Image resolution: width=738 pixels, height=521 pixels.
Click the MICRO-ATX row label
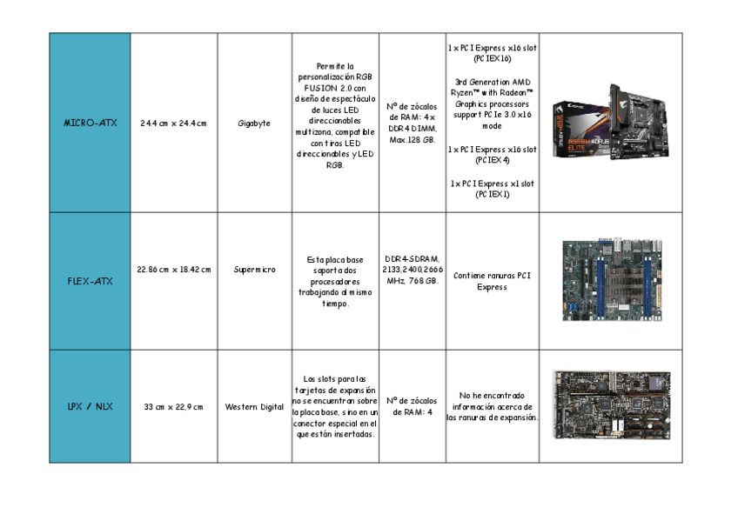pos(90,124)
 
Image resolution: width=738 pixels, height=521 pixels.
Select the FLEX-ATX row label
pos(90,281)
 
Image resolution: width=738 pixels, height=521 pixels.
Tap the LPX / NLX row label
pos(90,406)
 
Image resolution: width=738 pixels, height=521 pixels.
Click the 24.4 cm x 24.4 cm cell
pos(173,124)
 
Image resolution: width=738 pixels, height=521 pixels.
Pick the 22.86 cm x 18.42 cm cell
pos(173,270)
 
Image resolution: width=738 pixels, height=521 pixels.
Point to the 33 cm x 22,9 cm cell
pos(173,406)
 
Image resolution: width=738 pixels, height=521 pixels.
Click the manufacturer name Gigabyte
pos(253,124)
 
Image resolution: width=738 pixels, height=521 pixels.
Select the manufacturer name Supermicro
pos(253,270)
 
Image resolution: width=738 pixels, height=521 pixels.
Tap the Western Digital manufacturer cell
pos(253,406)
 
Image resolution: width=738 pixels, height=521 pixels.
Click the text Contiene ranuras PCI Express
pos(492,281)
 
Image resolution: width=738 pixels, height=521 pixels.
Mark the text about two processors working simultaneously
pos(335,282)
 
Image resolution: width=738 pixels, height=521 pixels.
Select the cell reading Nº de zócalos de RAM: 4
pos(412,406)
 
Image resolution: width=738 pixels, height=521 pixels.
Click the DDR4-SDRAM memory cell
pos(412,270)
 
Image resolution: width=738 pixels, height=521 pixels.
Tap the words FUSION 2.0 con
pos(335,88)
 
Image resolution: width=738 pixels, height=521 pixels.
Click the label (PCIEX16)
pos(492,59)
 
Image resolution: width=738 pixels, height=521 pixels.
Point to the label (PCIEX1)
pos(492,195)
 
